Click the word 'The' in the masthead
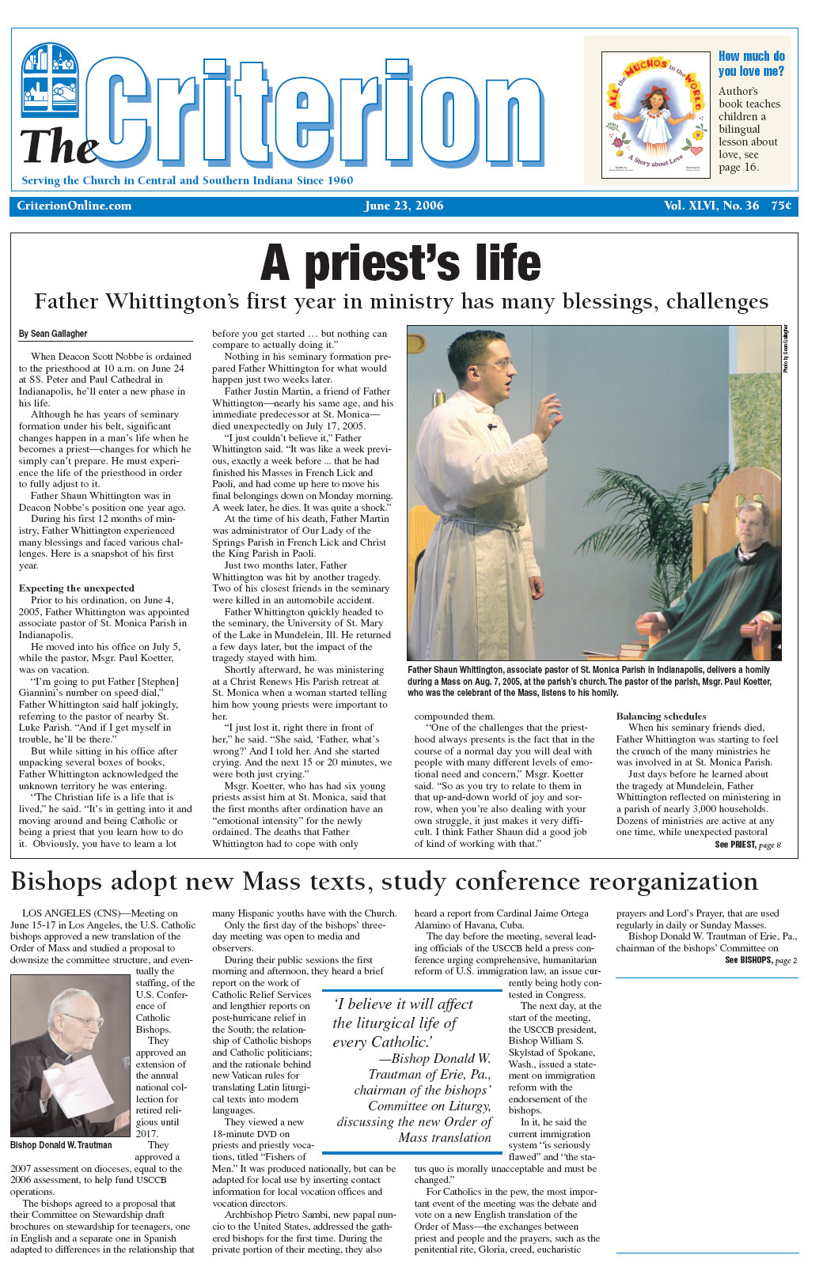pyautogui.click(x=59, y=147)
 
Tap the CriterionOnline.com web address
pyautogui.click(x=74, y=206)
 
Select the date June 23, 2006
pyautogui.click(x=404, y=206)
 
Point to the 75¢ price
pyautogui.click(x=781, y=206)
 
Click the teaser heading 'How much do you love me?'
pyautogui.click(x=751, y=63)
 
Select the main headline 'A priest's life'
pyautogui.click(x=401, y=263)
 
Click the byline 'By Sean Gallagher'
pyautogui.click(x=53, y=334)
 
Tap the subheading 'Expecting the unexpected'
pyautogui.click(x=77, y=588)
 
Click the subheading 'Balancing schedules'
pyautogui.click(x=661, y=716)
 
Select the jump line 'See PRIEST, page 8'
pyautogui.click(x=748, y=845)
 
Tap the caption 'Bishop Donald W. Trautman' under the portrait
pyautogui.click(x=61, y=1144)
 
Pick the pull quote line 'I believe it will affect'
pyautogui.click(x=404, y=1004)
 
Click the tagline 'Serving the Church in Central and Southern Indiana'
pyautogui.click(x=187, y=180)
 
